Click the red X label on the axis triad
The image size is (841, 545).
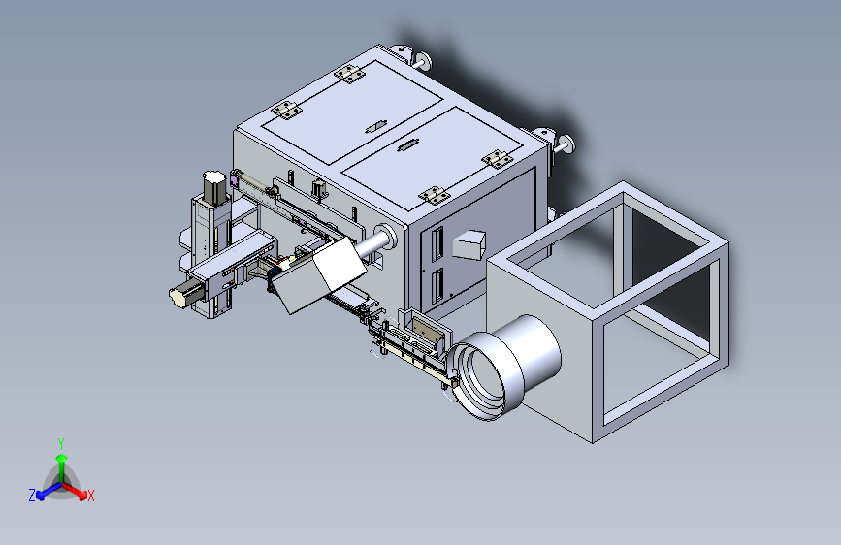point(90,497)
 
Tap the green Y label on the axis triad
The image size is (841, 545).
point(61,443)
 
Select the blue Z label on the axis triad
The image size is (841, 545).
point(32,496)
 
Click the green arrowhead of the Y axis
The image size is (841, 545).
point(62,458)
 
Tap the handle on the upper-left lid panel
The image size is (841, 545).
point(376,127)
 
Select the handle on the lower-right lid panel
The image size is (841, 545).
point(408,145)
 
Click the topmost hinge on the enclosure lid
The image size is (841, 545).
point(349,74)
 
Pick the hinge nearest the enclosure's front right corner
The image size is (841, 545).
point(434,195)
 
